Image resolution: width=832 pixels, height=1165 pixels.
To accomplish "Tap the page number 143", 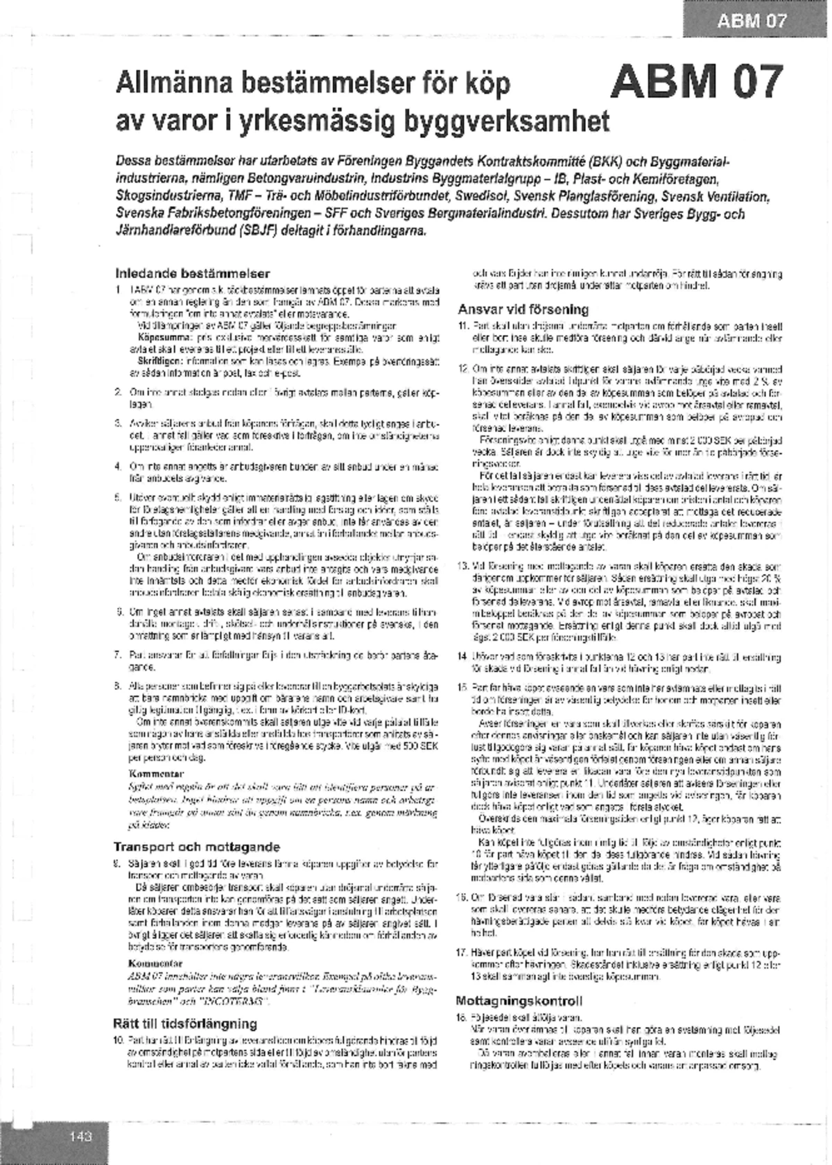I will tap(80, 1137).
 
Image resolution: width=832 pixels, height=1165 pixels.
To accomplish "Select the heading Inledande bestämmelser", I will tap(192, 273).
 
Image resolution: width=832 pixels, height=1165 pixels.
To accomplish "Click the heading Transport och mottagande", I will tap(196, 847).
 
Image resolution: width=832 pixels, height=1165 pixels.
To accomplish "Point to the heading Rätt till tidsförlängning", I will tap(184, 1024).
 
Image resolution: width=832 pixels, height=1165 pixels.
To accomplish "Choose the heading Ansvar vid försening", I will tap(523, 309).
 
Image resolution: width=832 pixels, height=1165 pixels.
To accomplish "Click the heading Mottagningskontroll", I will tap(519, 1001).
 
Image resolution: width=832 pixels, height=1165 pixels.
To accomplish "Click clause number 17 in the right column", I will tap(462, 953).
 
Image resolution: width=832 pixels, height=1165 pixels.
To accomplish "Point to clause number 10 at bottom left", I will tap(119, 1040).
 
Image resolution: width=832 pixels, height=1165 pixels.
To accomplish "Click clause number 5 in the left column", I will tap(119, 497).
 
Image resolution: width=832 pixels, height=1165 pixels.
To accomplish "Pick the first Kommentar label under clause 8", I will tap(156, 773).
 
